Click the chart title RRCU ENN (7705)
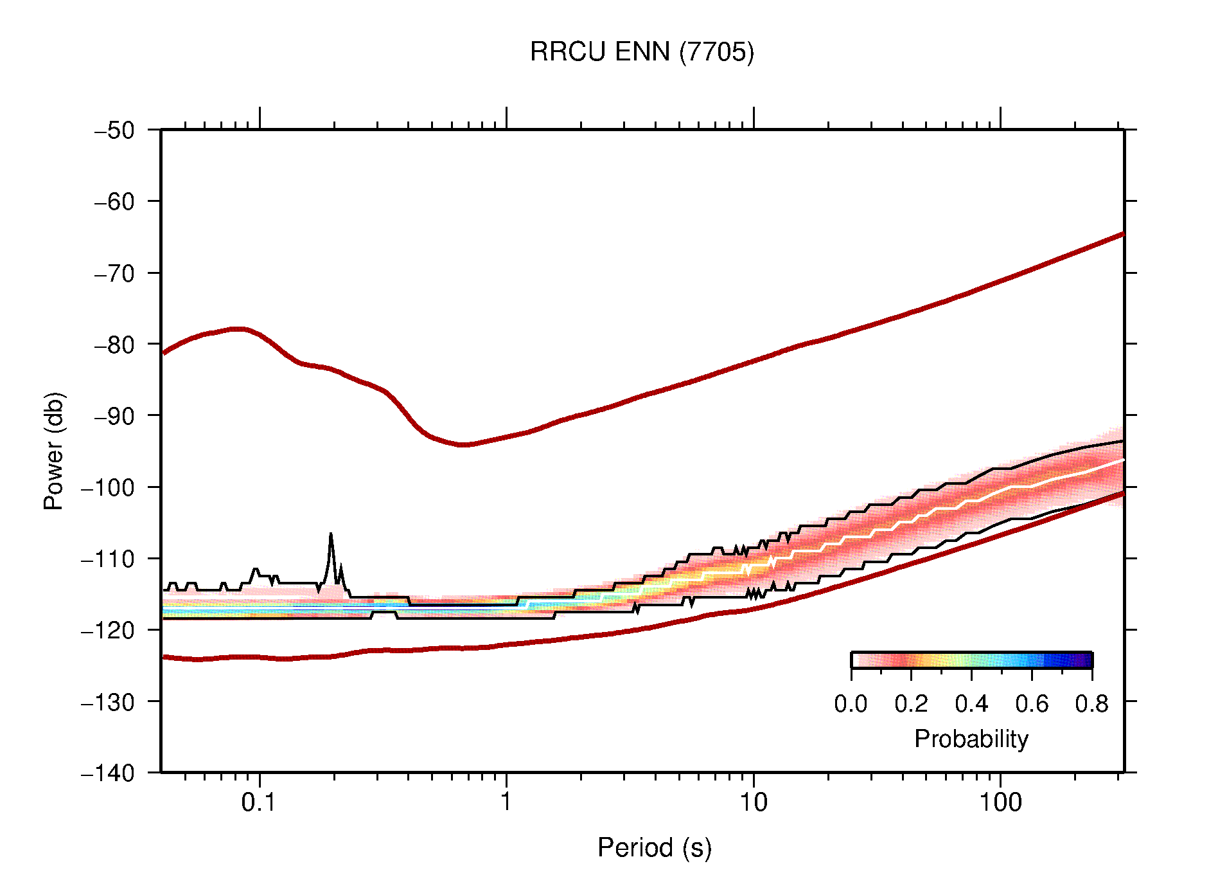(x=641, y=52)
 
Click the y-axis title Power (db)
(x=54, y=451)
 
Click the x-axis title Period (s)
(x=654, y=847)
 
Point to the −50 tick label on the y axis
(x=114, y=131)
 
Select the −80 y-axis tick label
(x=114, y=345)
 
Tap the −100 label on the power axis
(x=108, y=487)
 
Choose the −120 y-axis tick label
(x=108, y=630)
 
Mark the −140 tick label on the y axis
(x=108, y=773)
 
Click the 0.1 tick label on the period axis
(x=258, y=802)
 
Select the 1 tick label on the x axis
(x=506, y=802)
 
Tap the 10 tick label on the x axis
(x=753, y=802)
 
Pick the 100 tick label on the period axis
(x=1000, y=802)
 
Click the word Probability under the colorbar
(x=971, y=739)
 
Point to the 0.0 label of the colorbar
(x=851, y=704)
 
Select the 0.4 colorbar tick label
(x=971, y=704)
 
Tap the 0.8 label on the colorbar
(x=1091, y=704)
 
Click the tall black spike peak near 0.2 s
(x=331, y=534)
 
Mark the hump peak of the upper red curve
(x=238, y=329)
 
